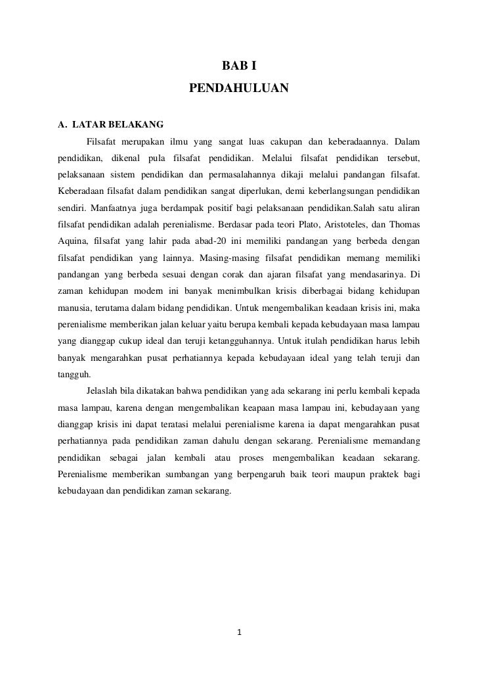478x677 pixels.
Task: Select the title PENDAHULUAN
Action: tap(238, 87)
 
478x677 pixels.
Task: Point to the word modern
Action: tap(149, 289)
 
